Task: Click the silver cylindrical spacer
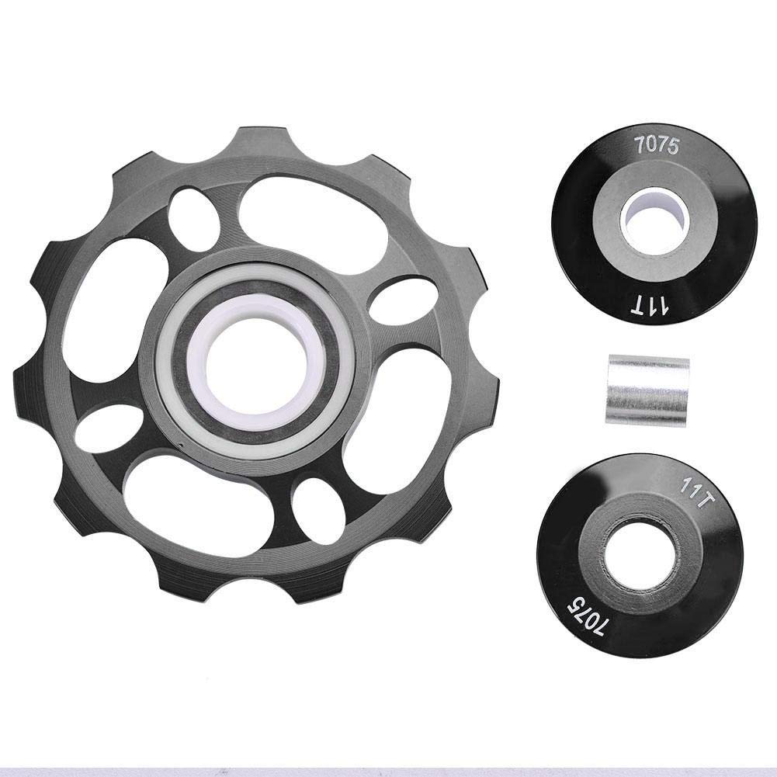coord(646,388)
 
